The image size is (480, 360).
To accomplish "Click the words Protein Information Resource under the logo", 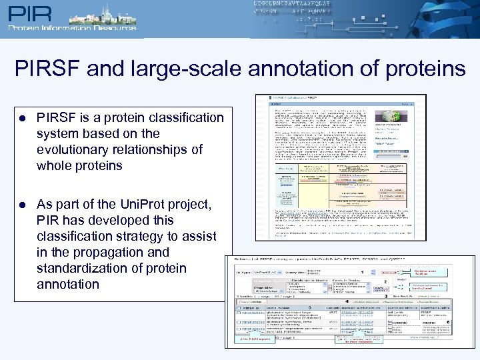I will point(71,28).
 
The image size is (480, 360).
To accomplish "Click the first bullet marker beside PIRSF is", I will point(22,118).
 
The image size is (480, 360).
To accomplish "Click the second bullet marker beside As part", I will point(22,204).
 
